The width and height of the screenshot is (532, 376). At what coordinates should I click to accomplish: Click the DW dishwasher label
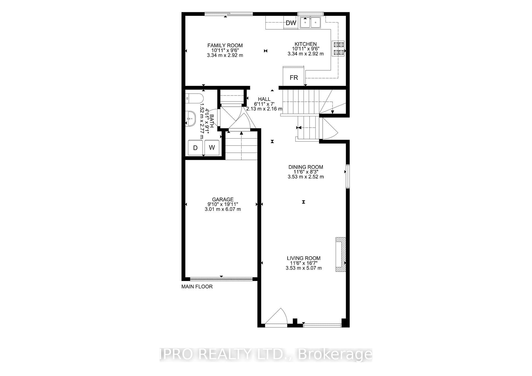291,23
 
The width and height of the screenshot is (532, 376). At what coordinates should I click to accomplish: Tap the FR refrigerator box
294,76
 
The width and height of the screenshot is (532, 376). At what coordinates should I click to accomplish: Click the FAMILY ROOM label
225,45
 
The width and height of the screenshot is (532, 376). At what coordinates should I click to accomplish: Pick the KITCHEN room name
305,44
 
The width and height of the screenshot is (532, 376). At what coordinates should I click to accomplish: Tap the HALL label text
264,99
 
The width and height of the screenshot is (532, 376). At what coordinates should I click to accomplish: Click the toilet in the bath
195,98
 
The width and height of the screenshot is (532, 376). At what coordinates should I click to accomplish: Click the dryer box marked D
195,148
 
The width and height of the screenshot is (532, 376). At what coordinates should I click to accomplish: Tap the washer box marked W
212,147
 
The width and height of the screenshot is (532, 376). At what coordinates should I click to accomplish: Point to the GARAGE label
223,199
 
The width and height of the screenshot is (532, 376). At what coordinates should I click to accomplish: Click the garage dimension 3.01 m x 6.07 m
223,209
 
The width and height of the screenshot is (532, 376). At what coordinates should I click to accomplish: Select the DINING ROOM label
306,167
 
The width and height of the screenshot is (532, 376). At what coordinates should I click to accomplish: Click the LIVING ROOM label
304,258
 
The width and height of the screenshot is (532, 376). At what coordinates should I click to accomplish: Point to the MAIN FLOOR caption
197,287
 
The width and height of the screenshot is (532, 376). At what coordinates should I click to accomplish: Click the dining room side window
348,177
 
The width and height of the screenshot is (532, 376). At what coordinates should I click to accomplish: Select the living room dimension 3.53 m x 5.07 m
304,268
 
